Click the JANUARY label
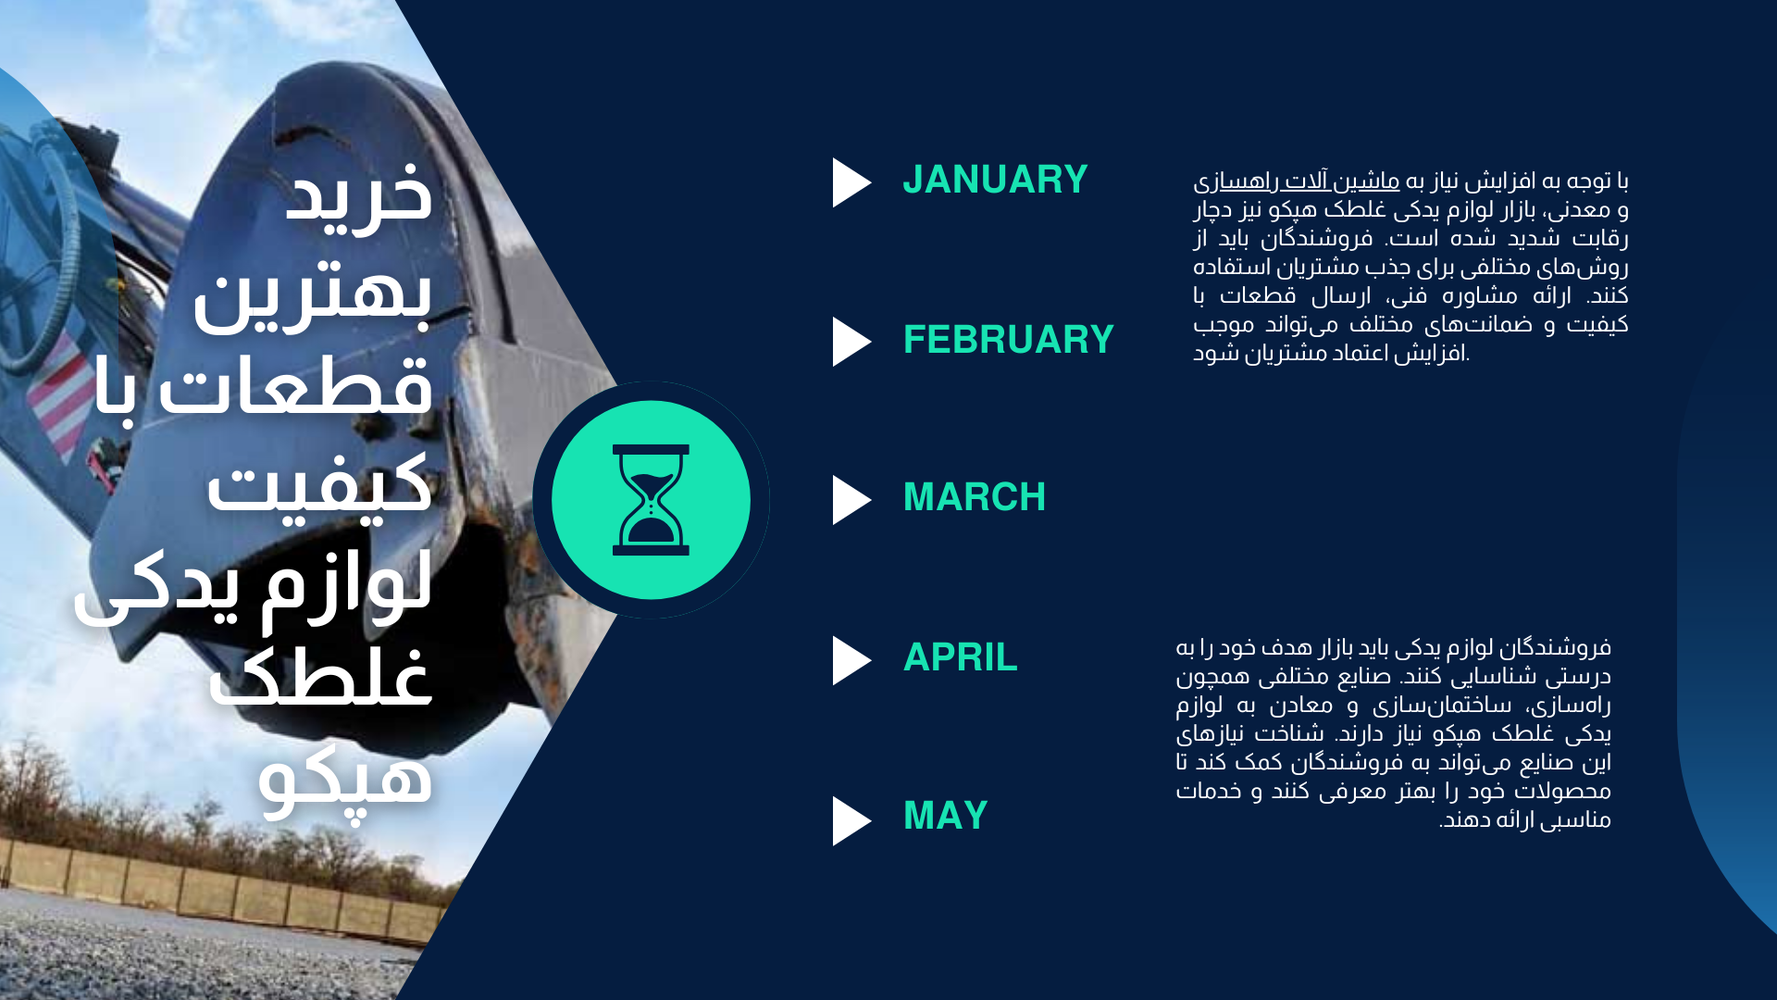tap(995, 180)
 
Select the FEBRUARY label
tap(1008, 340)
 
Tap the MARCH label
tap(974, 498)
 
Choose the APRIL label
tap(960, 658)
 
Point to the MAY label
tap(945, 817)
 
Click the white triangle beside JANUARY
tap(851, 182)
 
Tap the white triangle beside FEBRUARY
tap(851, 342)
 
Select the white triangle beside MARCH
tap(851, 500)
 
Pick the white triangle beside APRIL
tap(851, 660)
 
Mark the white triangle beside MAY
tap(851, 821)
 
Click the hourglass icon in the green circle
tap(651, 500)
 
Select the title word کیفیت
tap(319, 486)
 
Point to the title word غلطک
tap(320, 676)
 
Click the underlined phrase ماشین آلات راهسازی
tap(1296, 181)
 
